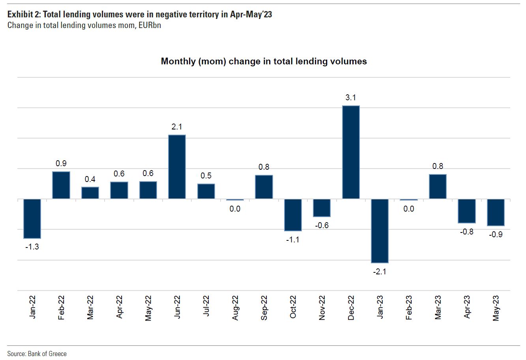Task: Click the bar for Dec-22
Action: (x=351, y=152)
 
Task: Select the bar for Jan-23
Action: (x=380, y=231)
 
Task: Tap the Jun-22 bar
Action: (x=177, y=167)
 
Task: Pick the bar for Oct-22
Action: (x=293, y=215)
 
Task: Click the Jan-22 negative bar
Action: (x=32, y=218)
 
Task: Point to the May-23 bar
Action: (x=496, y=212)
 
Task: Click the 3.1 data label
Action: (x=351, y=97)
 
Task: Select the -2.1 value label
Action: (x=380, y=271)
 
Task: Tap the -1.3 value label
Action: (x=32, y=247)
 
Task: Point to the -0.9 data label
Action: (x=496, y=234)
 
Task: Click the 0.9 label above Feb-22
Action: (x=61, y=163)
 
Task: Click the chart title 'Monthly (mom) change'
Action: (x=264, y=61)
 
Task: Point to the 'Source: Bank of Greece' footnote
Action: (x=37, y=353)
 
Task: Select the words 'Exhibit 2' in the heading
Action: (x=23, y=15)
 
